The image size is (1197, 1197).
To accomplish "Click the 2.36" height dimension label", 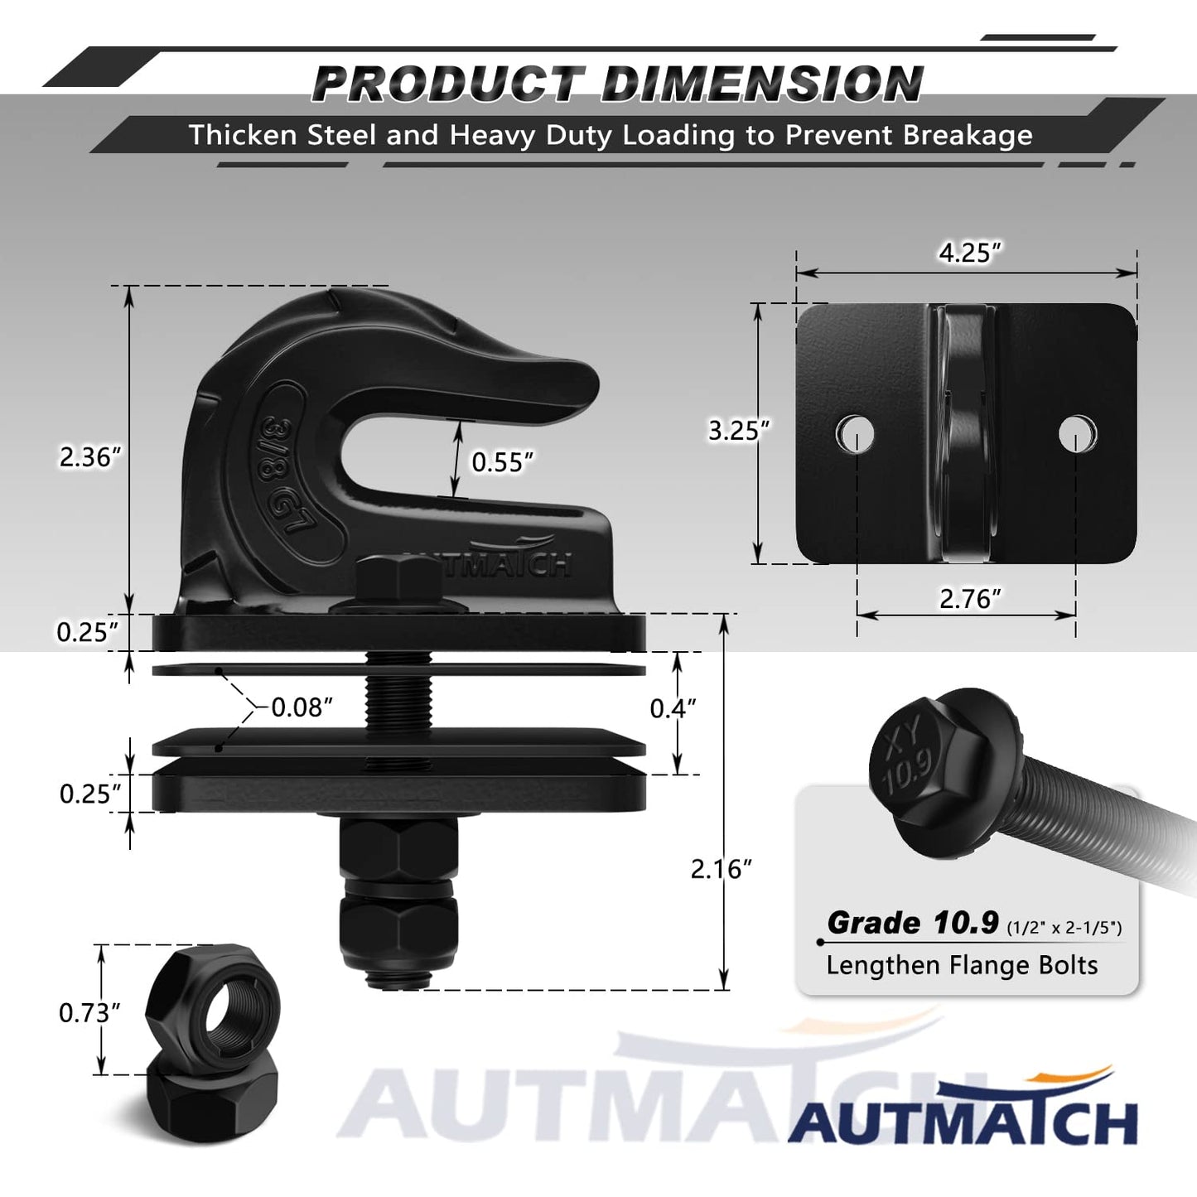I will click(x=90, y=456).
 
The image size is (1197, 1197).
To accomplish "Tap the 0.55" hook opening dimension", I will click(x=502, y=461).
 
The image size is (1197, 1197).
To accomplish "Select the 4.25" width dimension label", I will click(x=969, y=253).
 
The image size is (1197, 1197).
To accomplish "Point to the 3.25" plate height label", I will click(x=738, y=430).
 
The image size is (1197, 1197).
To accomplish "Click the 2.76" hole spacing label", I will click(x=969, y=598).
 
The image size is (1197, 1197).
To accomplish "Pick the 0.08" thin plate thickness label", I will click(x=302, y=707).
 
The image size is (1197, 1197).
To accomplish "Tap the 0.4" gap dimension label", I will click(x=672, y=708).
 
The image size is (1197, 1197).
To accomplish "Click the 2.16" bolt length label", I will click(x=721, y=868).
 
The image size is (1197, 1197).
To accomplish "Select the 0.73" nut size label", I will click(x=89, y=1012).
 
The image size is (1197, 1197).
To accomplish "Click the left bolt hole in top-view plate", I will click(x=855, y=432).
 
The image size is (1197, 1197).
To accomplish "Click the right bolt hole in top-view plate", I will click(x=1077, y=432).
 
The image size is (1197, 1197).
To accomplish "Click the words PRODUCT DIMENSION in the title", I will click(x=617, y=84).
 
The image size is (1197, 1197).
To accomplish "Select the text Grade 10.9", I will click(x=915, y=923).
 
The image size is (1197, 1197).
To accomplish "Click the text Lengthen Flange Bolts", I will click(x=961, y=965).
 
